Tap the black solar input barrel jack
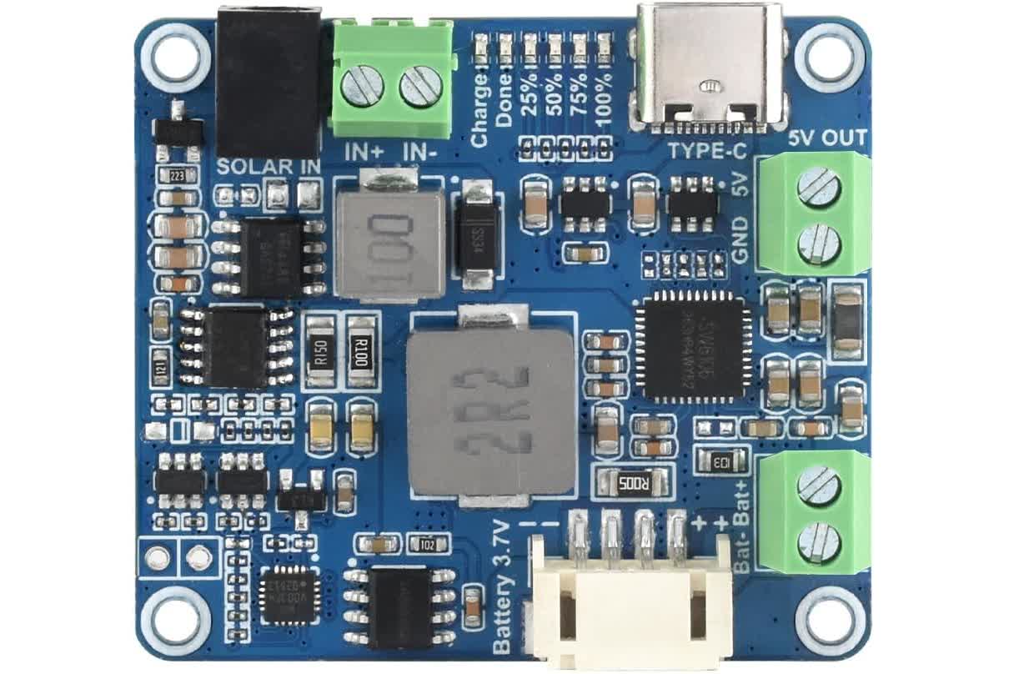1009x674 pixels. click(x=269, y=79)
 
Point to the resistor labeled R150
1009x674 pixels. click(x=322, y=351)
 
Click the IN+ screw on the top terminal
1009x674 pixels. click(x=363, y=86)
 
